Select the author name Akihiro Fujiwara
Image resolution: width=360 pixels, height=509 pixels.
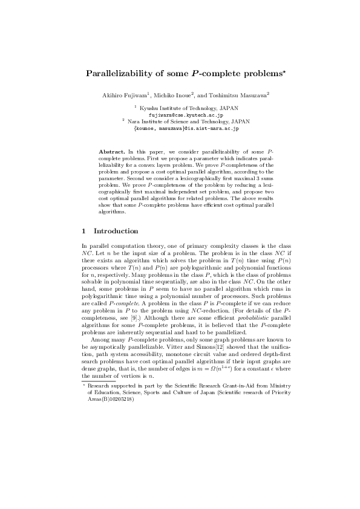click(x=124, y=95)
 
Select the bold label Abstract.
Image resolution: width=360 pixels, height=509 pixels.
click(x=111, y=149)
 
